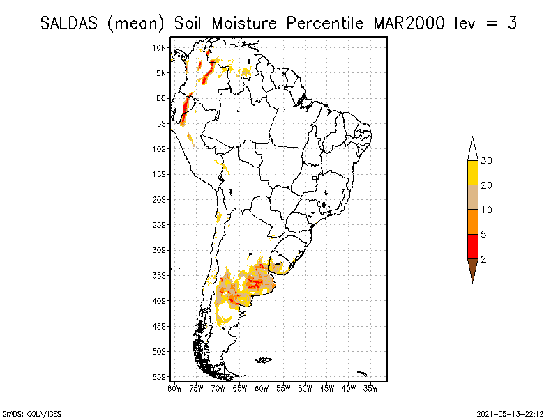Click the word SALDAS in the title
[70, 23]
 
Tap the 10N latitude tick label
[160, 47]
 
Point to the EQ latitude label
[161, 98]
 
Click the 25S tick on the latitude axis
[160, 224]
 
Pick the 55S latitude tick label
[160, 376]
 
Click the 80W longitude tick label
[174, 387]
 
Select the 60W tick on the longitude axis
[262, 387]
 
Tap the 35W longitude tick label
[370, 387]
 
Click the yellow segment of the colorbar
[472, 173]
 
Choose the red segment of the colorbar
[472, 246]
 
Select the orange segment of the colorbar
[472, 222]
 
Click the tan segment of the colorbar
[472, 197]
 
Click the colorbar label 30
[487, 161]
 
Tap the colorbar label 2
[483, 258]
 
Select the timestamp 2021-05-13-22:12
[510, 412]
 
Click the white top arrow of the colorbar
[472, 149]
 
